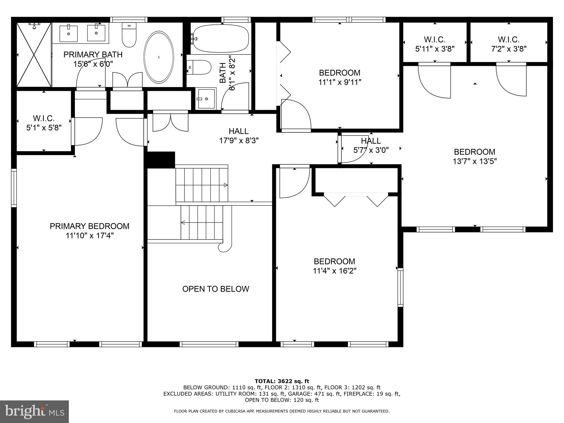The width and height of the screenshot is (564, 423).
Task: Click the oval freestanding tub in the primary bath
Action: [159, 57]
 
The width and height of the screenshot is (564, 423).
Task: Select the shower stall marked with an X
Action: [34, 55]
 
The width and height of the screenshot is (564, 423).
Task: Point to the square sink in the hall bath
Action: [206, 98]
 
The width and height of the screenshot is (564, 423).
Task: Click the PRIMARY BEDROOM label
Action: [90, 226]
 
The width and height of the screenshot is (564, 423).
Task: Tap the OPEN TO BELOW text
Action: [216, 289]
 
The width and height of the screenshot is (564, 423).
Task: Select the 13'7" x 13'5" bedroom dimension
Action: [474, 161]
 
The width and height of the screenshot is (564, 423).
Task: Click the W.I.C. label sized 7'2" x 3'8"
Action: [509, 44]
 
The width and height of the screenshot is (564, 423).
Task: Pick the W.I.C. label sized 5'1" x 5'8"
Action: [44, 123]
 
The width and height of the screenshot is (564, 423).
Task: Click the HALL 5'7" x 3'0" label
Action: [371, 145]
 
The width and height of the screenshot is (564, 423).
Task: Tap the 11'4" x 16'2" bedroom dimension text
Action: [334, 271]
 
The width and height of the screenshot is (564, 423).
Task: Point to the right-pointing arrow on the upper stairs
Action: [226, 185]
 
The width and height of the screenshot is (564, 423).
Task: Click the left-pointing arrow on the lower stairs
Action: [183, 222]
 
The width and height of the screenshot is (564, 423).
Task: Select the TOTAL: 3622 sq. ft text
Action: [282, 381]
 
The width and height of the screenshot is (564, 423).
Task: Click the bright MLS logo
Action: [34, 411]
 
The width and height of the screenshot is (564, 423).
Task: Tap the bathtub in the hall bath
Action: [221, 39]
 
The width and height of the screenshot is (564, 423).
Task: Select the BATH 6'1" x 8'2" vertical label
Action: [227, 73]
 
